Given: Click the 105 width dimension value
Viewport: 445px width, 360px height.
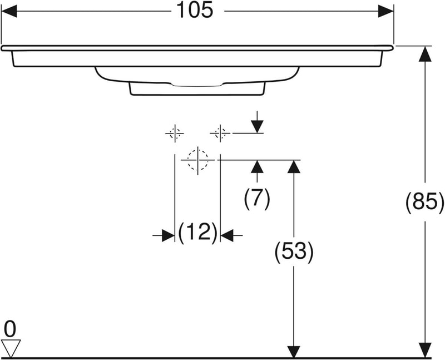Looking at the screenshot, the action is (196, 10).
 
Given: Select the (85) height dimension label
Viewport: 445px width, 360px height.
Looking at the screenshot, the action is (424, 202).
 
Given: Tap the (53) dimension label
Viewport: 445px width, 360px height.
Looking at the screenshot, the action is (294, 252).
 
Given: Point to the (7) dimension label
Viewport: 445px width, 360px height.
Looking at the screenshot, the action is (257, 198).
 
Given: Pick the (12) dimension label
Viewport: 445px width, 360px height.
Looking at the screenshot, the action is (197, 232).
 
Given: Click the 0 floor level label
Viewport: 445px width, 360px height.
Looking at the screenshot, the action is (10, 329).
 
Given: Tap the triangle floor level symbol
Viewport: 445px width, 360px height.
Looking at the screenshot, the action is (11, 348).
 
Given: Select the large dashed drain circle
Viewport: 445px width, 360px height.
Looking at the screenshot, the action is (197, 160).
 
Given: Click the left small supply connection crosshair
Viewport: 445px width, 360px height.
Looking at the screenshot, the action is (175, 133).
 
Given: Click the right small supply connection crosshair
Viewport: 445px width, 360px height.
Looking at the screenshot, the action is (220, 133).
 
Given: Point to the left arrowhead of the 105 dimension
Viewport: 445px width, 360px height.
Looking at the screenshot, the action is (11, 11).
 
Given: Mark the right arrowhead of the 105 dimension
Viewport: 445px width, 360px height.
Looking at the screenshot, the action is (385, 11).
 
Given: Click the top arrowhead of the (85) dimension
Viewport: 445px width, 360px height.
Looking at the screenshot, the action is (424, 54).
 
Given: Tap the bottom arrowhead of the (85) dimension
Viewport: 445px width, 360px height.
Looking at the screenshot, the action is (424, 350).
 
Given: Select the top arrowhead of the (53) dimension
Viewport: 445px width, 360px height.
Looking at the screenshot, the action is (293, 167).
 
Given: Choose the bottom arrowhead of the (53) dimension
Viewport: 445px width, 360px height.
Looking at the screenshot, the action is (293, 351).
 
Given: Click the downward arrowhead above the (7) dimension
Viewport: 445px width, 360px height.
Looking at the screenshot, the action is (257, 126).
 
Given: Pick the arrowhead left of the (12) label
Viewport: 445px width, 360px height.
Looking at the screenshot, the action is (167, 235).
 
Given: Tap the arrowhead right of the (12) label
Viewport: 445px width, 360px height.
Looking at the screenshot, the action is (227, 235).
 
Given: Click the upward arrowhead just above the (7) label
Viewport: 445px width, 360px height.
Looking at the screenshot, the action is (257, 167).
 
